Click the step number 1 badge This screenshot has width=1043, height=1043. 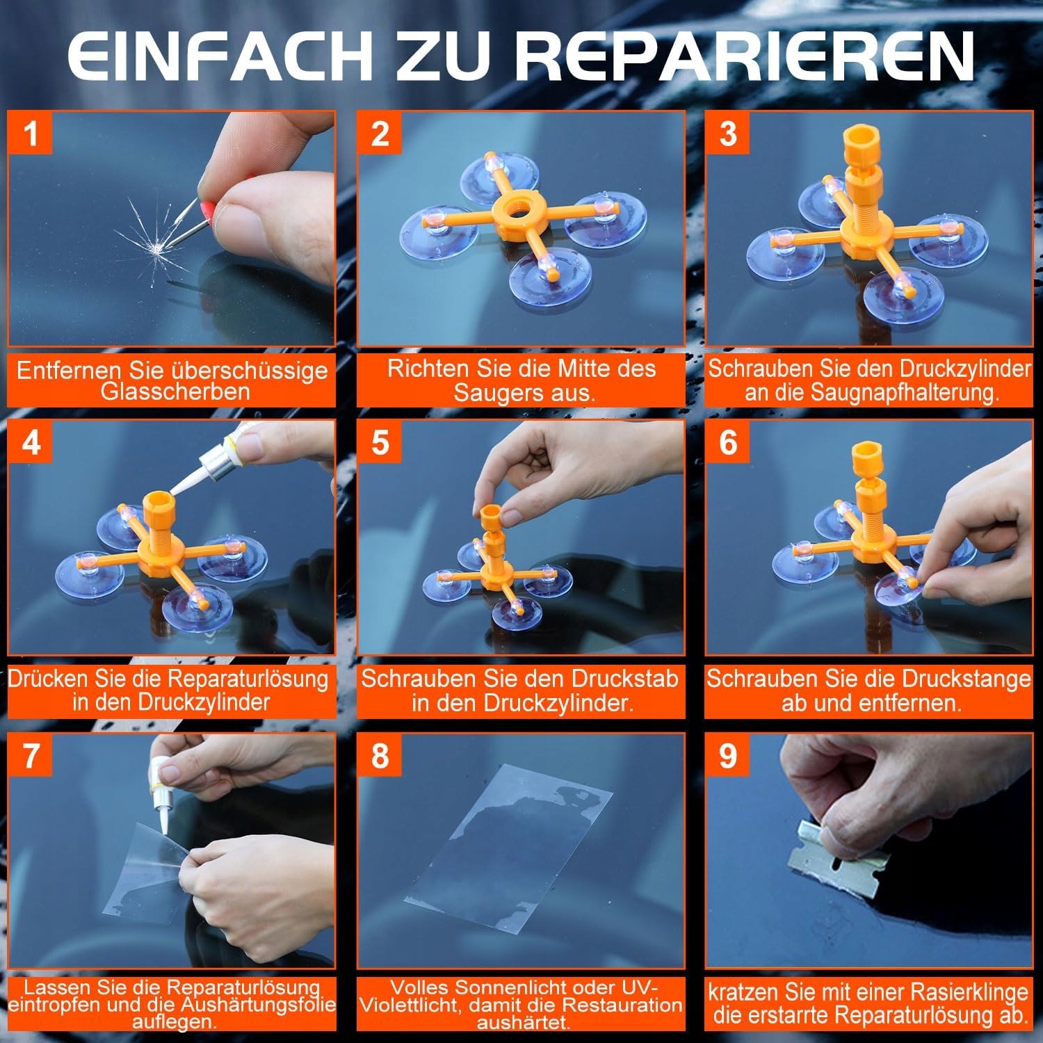click(30, 133)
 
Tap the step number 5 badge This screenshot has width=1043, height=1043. click(380, 442)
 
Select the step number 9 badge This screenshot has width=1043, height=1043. click(728, 754)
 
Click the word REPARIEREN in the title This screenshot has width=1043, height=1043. click(744, 56)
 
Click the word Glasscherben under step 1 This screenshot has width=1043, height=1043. click(175, 391)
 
